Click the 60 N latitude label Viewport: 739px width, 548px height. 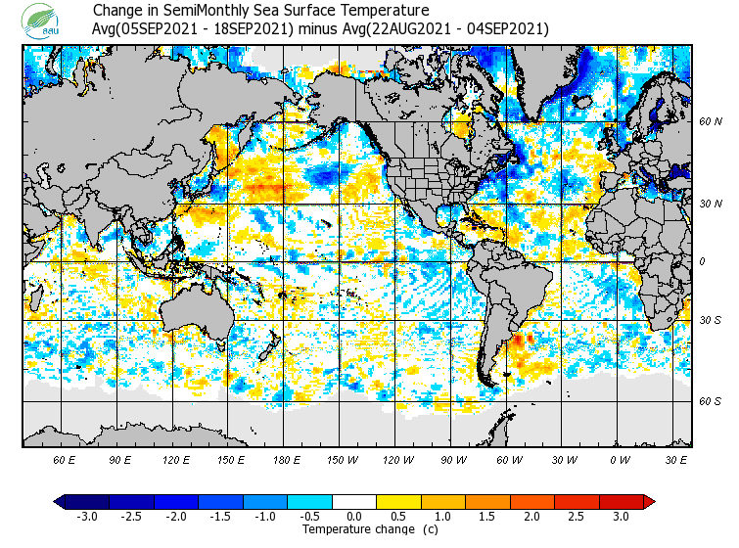709,122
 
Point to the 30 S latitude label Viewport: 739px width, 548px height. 709,320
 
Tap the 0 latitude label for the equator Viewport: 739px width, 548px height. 703,261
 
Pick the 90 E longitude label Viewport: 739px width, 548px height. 120,460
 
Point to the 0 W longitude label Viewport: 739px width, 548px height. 619,460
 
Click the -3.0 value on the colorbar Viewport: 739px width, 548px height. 87,516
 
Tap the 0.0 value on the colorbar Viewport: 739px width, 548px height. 354,516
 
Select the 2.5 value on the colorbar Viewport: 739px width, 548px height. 576,516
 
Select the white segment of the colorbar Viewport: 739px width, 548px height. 354,502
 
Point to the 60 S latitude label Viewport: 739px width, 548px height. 709,401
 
